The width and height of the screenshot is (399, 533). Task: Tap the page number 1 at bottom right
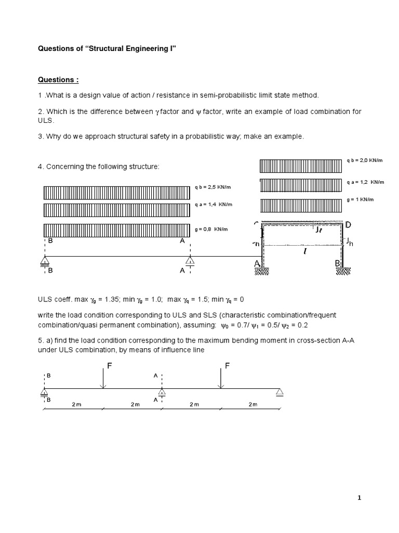tap(359, 498)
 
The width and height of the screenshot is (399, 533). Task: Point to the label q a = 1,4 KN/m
tap(214, 204)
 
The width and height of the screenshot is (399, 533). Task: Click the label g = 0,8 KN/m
tap(211, 229)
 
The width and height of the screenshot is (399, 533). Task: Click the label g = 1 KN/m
tap(362, 199)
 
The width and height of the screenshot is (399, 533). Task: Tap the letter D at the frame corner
tap(348, 224)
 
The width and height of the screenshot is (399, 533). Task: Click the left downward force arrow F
tap(104, 377)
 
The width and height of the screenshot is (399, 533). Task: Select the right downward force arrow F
tap(221, 377)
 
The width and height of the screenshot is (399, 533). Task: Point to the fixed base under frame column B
tap(344, 271)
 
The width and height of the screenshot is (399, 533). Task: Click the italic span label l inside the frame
tap(303, 251)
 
